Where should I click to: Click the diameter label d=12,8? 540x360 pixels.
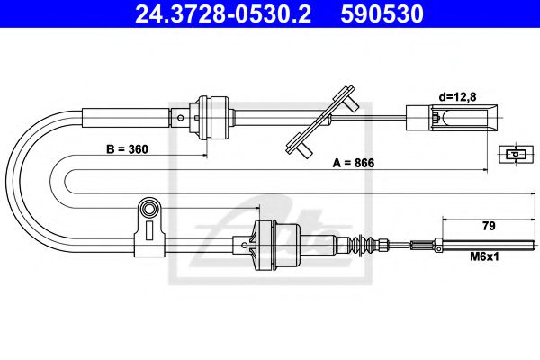pos(458,94)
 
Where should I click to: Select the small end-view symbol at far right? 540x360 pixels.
pos(513,155)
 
